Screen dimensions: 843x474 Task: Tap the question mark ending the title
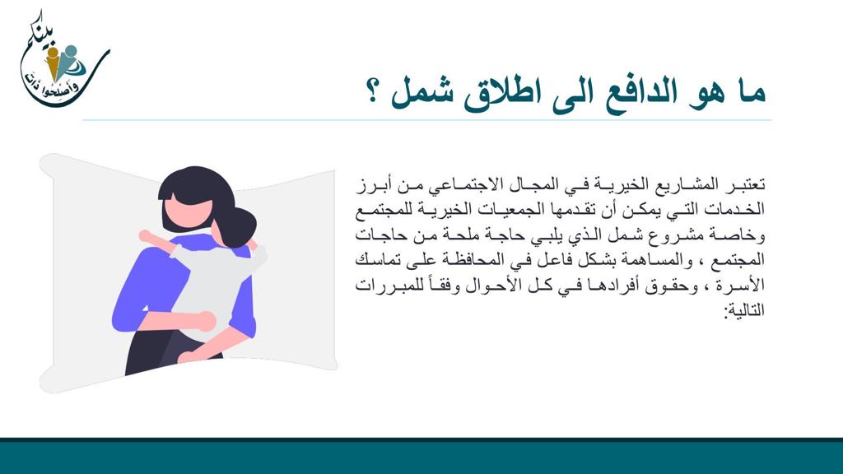(x=372, y=91)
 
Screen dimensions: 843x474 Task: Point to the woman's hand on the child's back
(x=201, y=322)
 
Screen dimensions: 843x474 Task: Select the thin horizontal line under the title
(x=427, y=120)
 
